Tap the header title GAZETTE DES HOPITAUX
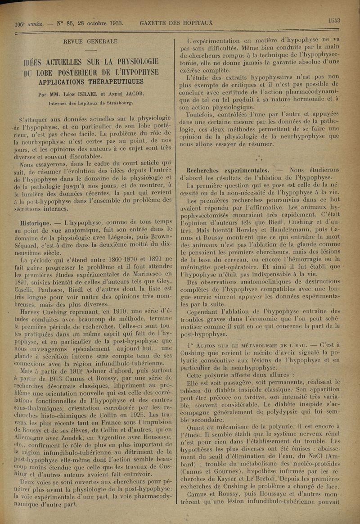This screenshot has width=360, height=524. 176,23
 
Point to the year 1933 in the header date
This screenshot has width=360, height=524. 113,23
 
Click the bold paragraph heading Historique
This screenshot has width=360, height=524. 37,222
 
